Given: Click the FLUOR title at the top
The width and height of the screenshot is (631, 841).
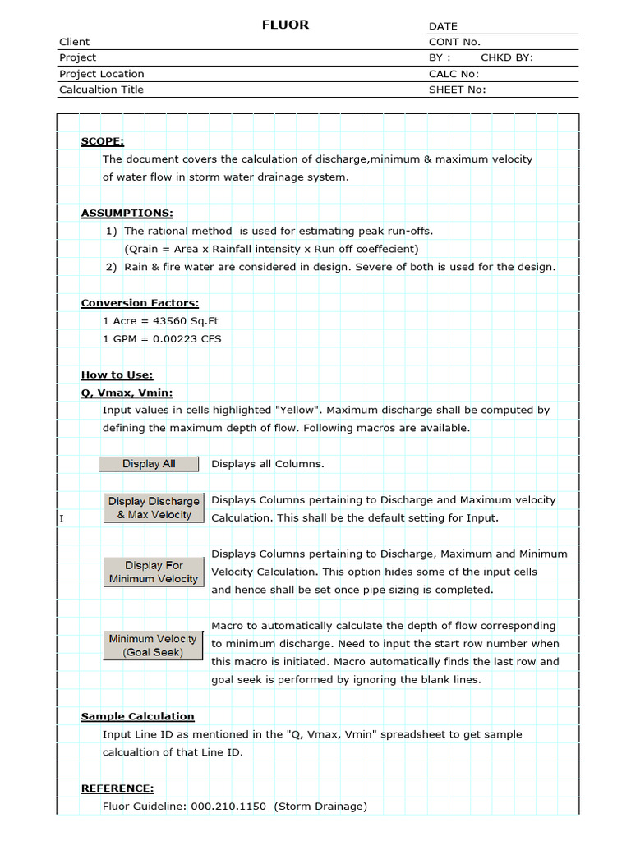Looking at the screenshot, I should click(285, 25).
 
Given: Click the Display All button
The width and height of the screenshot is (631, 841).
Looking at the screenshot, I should click(149, 464).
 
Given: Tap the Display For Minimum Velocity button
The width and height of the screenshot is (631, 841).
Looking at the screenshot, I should click(154, 572).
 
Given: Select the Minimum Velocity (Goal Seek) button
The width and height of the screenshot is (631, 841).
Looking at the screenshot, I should click(153, 646).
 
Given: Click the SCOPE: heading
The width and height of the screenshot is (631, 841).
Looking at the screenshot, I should click(102, 141).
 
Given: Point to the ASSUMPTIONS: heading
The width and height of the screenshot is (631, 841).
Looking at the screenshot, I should click(127, 214).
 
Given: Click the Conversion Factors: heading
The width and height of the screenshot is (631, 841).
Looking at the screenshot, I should click(140, 303).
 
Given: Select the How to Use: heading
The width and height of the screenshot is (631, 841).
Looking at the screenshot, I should click(117, 375).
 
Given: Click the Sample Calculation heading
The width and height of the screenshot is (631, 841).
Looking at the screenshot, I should click(137, 716).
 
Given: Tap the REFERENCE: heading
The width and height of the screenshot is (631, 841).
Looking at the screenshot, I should click(117, 788).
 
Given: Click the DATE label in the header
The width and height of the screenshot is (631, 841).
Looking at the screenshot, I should click(443, 26).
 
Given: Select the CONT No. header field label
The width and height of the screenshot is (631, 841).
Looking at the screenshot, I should click(454, 42).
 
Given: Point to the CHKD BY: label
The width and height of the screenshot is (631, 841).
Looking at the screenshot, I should click(507, 57).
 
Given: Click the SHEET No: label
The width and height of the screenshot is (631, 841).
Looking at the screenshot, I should click(457, 90).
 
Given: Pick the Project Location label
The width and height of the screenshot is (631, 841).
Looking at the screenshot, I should click(101, 74).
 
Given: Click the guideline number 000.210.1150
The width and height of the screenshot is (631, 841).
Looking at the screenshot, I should click(228, 807).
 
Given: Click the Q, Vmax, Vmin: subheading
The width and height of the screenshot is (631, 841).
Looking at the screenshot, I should click(127, 393).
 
